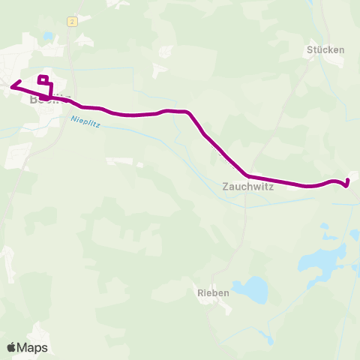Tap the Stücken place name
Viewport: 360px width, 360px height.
pos(325,50)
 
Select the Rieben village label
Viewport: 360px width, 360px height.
pos(212,293)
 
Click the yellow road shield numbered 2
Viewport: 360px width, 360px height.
pos(72,22)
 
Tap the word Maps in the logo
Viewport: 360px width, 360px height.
pos(32,347)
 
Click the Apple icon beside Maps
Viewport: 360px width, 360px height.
pos(11,347)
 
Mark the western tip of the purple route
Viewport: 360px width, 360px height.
pos(11,86)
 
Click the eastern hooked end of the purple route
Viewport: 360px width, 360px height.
pos(347,181)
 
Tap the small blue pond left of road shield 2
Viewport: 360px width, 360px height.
pos(48,35)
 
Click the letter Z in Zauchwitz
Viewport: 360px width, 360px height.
pos(226,188)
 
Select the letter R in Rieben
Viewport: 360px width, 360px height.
pos(199,293)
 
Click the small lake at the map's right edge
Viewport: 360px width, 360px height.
pos(355,235)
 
